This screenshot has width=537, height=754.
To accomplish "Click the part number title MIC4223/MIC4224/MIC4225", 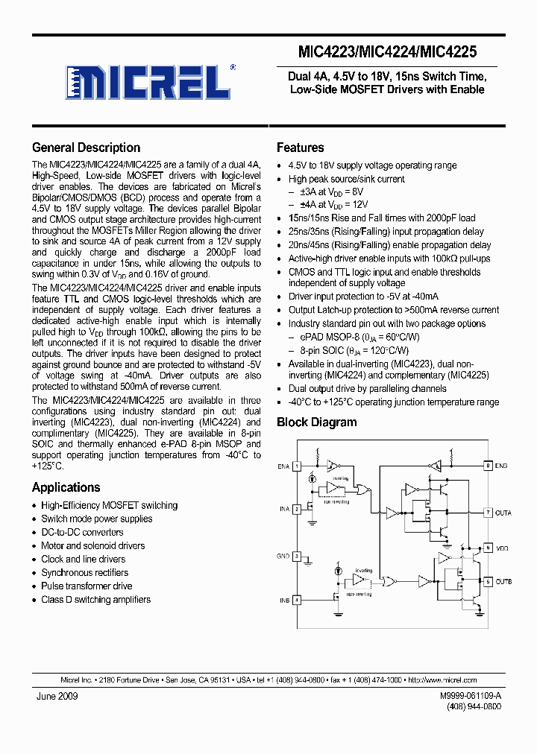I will [387, 52].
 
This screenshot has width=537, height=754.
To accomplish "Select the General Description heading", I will [86, 148].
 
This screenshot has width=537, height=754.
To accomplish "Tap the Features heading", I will [300, 148].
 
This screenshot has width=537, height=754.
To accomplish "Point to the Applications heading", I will [66, 487].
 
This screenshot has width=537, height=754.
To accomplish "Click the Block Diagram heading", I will [316, 422].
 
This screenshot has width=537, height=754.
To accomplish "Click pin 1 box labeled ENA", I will [296, 466].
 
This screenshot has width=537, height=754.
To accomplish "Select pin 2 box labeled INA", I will [296, 509].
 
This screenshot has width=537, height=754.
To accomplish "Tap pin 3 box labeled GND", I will [296, 556].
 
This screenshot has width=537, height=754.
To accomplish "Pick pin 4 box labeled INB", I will [296, 599].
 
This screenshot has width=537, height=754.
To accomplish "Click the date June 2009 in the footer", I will [57, 696].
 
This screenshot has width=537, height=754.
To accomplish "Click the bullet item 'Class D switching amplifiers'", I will [95, 600].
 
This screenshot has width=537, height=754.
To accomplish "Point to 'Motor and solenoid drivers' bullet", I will [92, 546].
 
